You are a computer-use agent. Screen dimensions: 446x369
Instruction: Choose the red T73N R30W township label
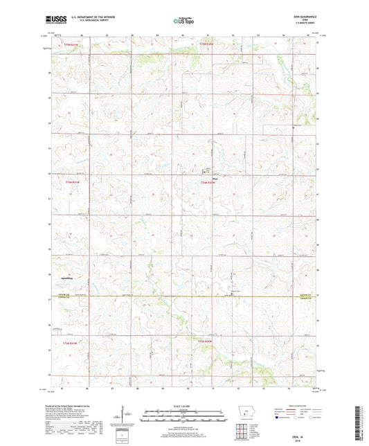pos(208,341)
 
